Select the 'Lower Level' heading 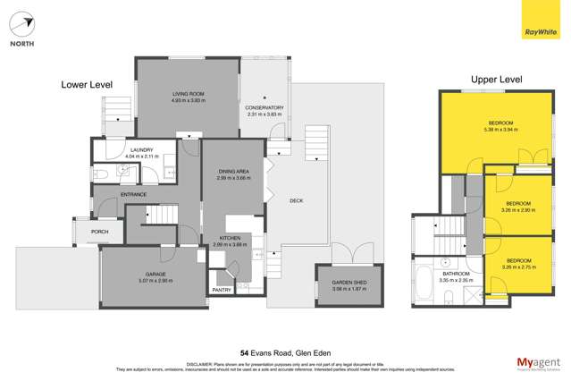tap(87, 84)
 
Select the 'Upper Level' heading tap(496, 80)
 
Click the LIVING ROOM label tap(189, 94)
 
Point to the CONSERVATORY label tap(264, 108)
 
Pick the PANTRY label tap(222, 290)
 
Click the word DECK tap(297, 200)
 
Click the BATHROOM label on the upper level tap(456, 273)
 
